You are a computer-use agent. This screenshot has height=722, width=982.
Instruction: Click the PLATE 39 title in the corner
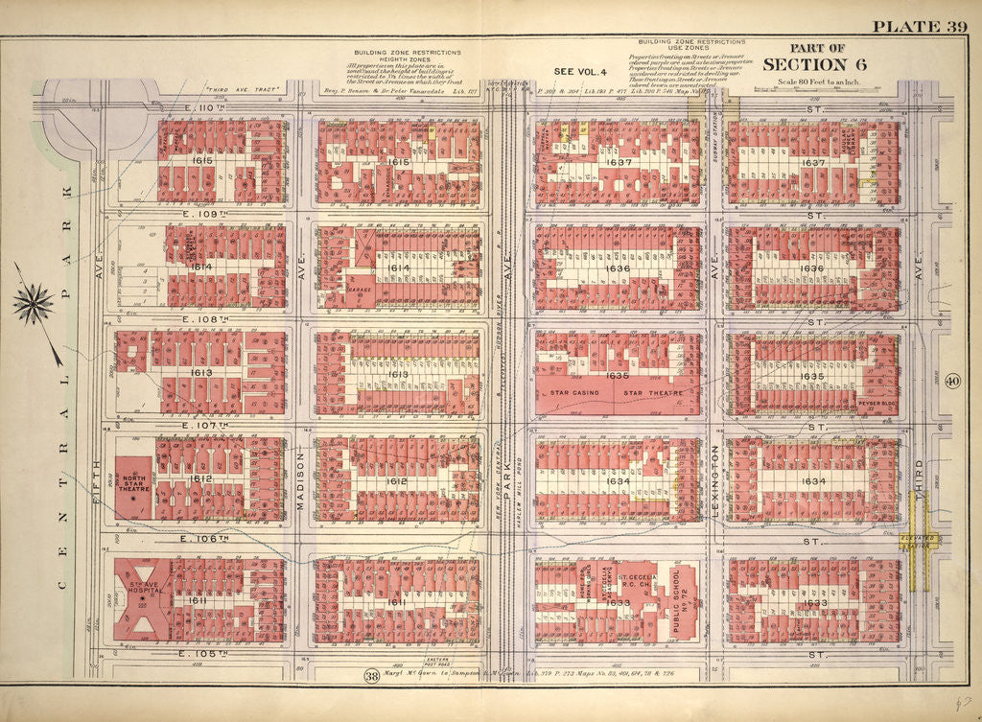pyautogui.click(x=919, y=26)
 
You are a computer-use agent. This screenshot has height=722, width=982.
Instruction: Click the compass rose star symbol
pyautogui.click(x=34, y=304)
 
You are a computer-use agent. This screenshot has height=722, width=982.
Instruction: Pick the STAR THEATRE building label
pyautogui.click(x=652, y=393)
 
